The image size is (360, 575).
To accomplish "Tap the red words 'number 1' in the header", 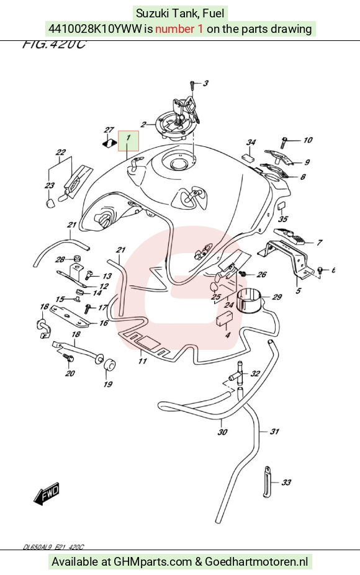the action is pos(179,29).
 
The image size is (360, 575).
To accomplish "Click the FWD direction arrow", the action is pos(47,494).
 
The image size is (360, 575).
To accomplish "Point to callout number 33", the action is pos(286,482).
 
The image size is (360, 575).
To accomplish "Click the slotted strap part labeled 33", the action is pos(267,482).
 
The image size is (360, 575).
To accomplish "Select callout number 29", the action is pos(277,296).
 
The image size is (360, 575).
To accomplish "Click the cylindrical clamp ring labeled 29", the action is pos(248,301).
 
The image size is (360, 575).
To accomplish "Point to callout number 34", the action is pos(251,142).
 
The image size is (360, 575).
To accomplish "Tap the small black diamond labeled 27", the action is pos(109,142).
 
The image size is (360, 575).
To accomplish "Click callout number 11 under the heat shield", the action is pos(142,361).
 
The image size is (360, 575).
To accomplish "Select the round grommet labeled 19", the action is pos(109,365).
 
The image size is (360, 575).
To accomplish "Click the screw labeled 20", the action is pos(68,357).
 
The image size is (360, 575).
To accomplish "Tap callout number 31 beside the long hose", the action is pos(274,432).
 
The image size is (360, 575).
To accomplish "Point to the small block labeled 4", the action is pos(224,318).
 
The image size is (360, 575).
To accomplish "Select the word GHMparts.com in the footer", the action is pos(153,561).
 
